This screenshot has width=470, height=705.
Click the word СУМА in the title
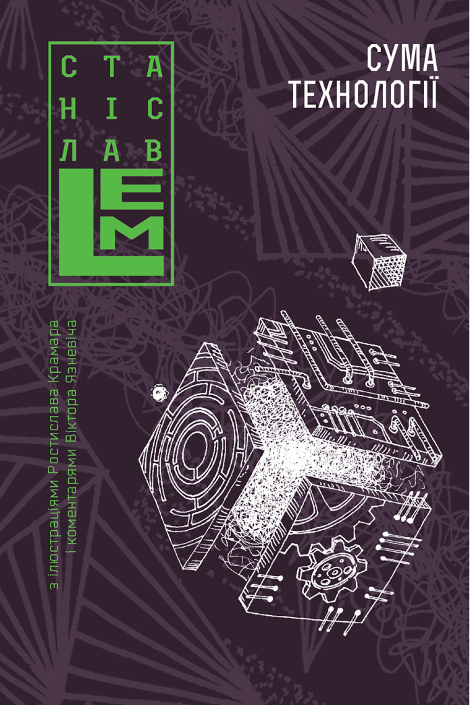402,58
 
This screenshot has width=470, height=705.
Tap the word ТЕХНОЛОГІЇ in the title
363,94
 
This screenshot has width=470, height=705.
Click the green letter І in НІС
111,109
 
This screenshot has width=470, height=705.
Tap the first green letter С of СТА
68,67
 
